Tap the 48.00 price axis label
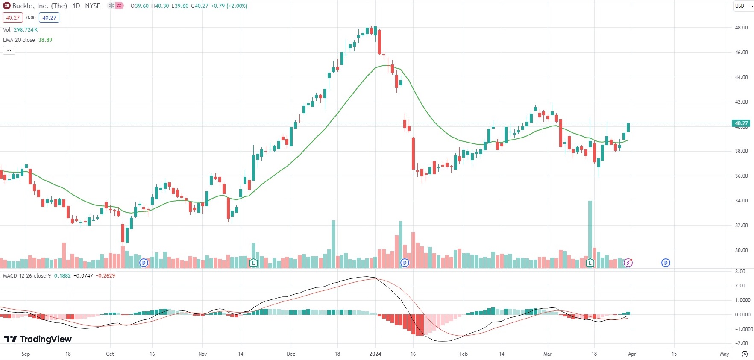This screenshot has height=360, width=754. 741,28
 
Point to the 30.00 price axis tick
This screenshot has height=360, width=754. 741,250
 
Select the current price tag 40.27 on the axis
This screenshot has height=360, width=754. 741,123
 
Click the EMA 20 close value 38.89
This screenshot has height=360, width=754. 45,40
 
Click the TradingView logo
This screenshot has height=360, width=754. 38,339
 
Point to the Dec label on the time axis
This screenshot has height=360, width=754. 291,354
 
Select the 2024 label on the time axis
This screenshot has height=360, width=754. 375,354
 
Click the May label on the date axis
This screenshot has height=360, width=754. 724,354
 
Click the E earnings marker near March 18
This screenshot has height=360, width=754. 590,263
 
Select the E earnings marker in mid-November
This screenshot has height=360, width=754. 253,263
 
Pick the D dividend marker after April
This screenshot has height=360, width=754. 666,263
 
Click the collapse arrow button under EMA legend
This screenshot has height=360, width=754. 9,50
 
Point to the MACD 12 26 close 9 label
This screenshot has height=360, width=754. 26,276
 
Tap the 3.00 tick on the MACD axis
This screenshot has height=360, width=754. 740,272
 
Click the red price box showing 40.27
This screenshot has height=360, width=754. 12,18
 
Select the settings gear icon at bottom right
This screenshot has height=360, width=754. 745,354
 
